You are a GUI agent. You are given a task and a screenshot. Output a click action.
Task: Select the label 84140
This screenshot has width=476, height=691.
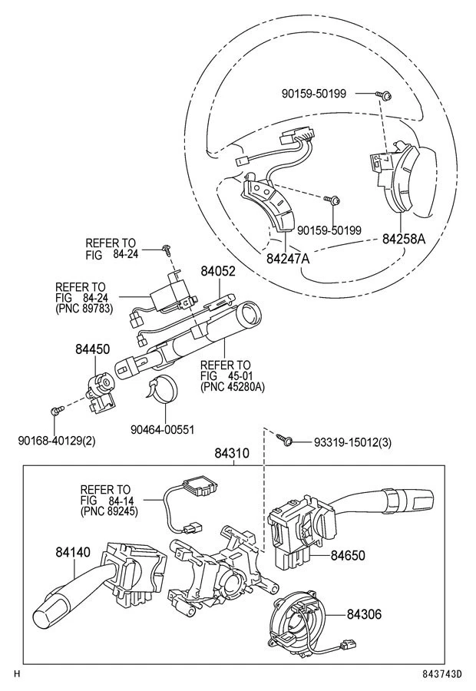tap(73, 551)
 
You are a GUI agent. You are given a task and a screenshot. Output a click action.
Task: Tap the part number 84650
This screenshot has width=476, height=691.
tap(348, 555)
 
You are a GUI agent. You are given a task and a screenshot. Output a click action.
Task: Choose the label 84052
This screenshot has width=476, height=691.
tap(218, 272)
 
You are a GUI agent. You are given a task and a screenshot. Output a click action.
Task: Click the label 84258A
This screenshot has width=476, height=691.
tap(404, 239)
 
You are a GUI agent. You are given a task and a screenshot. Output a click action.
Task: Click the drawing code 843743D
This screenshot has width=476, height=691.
tap(442, 675)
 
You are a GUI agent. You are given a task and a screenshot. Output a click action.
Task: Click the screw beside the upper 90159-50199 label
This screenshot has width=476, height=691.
tap(385, 94)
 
